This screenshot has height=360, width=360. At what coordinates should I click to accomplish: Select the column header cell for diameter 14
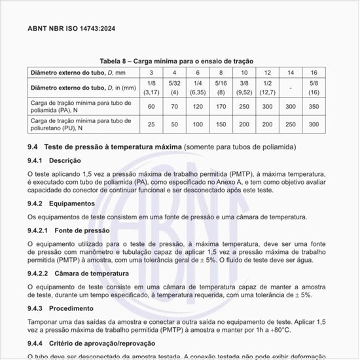pos(291,71)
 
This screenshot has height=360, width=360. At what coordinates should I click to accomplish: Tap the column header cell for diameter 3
pos(151,71)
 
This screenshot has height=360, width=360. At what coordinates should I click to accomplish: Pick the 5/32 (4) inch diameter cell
pos(174,87)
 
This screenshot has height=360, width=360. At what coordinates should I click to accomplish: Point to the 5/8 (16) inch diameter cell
pos(314,87)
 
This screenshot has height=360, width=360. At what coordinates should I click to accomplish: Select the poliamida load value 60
pos(151,105)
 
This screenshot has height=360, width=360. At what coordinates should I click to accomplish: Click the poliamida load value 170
pos(221,105)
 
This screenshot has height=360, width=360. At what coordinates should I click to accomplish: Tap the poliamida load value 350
pos(314,105)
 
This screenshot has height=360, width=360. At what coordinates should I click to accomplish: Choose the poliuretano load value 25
pos(151,124)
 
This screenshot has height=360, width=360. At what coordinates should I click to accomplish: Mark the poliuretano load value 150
pos(221,124)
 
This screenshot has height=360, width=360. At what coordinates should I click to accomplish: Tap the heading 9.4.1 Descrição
pos(54,160)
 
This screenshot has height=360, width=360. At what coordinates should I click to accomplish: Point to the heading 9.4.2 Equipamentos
pos(61,203)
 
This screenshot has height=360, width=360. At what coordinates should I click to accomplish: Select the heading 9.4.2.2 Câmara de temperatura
pos(78,273)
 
